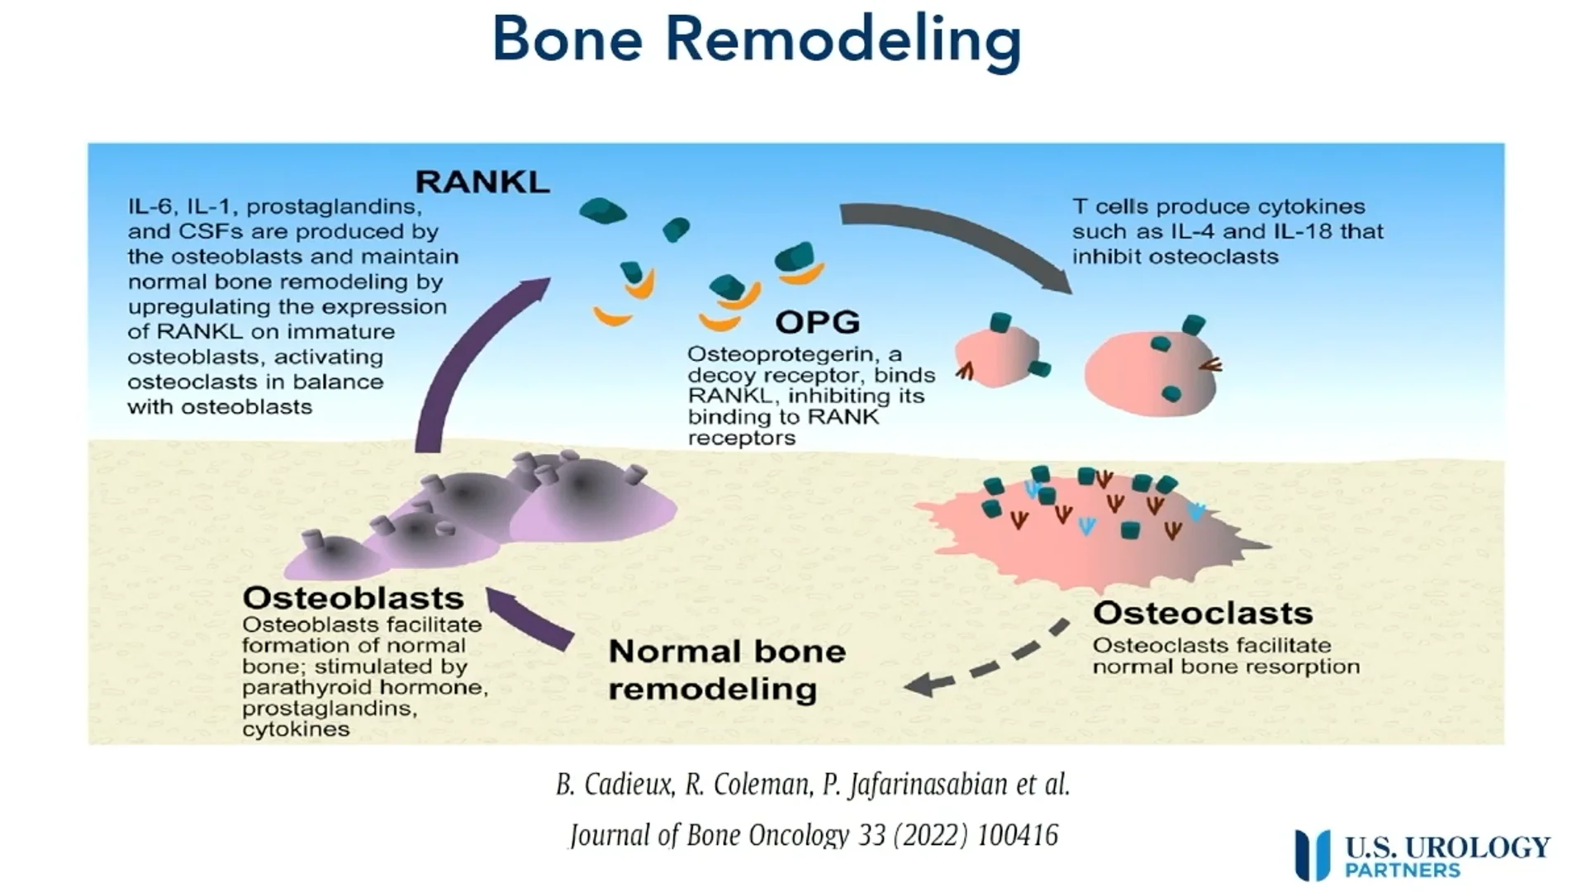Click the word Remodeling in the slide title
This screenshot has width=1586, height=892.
pyautogui.click(x=843, y=40)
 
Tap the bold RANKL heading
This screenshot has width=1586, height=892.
pyautogui.click(x=482, y=182)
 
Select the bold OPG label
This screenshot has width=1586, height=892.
pyautogui.click(x=817, y=321)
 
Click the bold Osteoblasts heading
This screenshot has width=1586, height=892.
pyautogui.click(x=353, y=597)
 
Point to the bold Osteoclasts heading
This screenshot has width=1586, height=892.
pyautogui.click(x=1202, y=613)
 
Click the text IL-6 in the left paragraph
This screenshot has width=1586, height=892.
pyautogui.click(x=149, y=206)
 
